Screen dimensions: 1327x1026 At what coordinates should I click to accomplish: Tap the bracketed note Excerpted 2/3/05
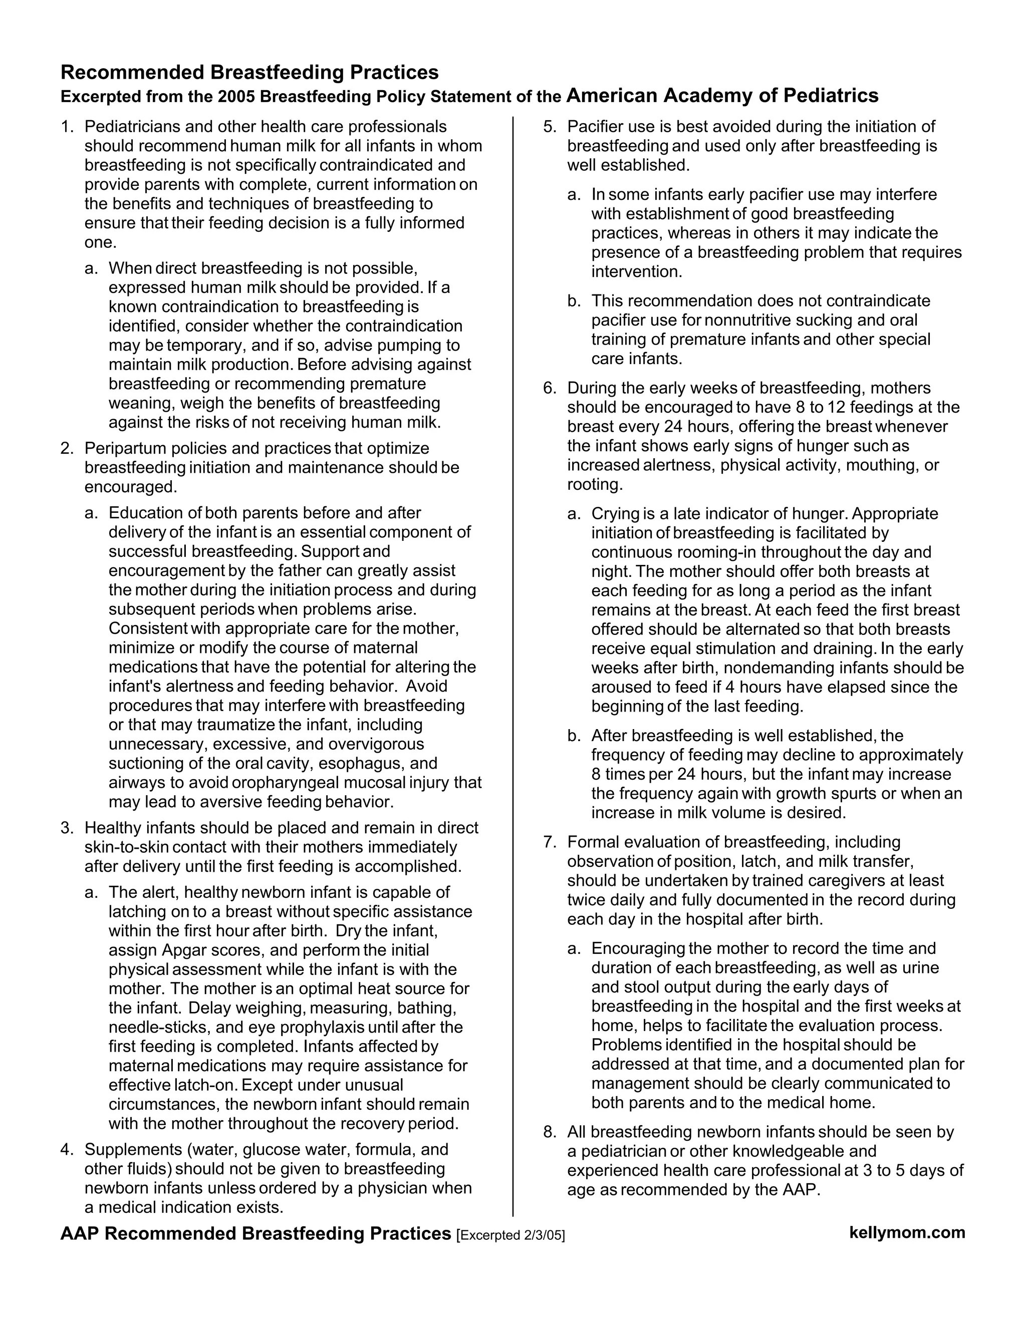(x=510, y=1235)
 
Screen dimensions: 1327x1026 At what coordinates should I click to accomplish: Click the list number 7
(x=549, y=842)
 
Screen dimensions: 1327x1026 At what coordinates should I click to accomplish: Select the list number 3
(x=66, y=828)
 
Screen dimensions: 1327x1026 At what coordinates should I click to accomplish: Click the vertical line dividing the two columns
(x=514, y=669)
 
